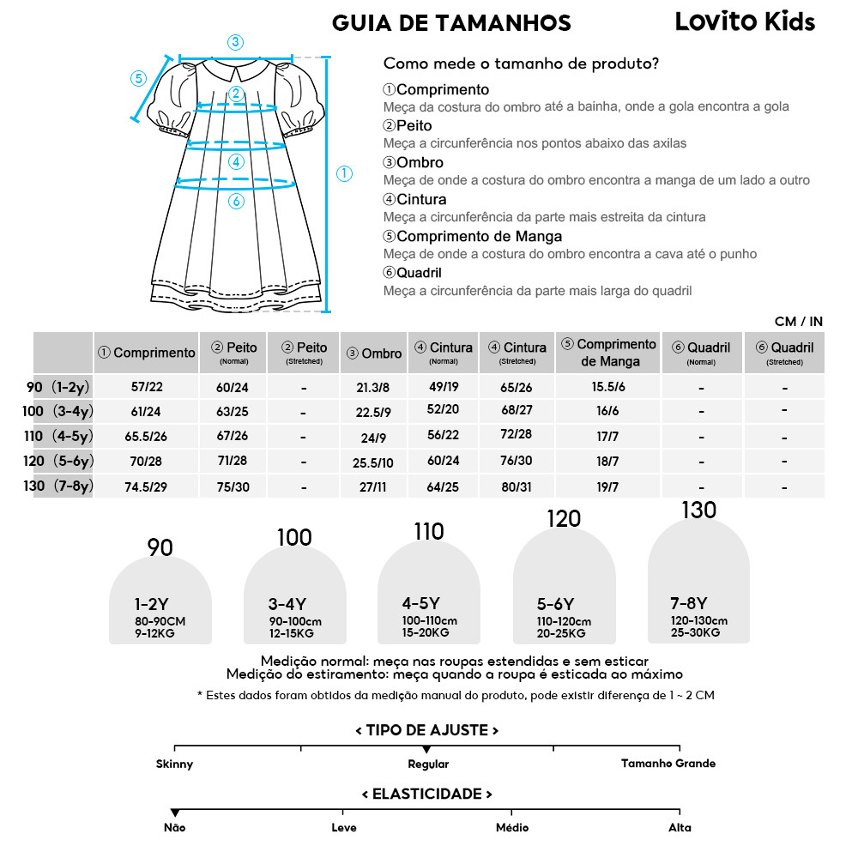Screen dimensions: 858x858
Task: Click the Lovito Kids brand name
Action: coord(745,21)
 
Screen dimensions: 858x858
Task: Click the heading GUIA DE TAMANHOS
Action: coord(450,22)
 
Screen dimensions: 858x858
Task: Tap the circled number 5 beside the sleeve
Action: coord(139,78)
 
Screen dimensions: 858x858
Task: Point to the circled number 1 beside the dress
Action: coord(344,173)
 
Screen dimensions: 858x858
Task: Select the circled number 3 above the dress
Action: coord(236,42)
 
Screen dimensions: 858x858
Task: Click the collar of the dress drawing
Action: coord(237,69)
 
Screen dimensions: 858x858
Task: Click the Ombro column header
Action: coord(374,353)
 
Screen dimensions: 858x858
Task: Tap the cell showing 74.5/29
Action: coord(146,486)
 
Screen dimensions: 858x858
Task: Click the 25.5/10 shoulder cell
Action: coord(373,462)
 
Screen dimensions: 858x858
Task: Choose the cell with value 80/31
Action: coord(517,486)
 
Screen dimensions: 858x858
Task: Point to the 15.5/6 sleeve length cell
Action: coord(608,387)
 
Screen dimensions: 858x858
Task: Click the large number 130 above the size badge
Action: coord(698,510)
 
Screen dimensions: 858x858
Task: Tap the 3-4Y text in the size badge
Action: coord(287,604)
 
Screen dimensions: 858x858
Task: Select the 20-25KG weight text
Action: coord(561,633)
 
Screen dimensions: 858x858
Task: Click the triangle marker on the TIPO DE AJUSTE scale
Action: coord(427,750)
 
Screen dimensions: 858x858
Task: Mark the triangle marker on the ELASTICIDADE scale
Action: coord(174,813)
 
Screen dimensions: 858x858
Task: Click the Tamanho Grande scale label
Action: coord(668,764)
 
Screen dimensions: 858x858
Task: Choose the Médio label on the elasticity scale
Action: coord(512,828)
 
